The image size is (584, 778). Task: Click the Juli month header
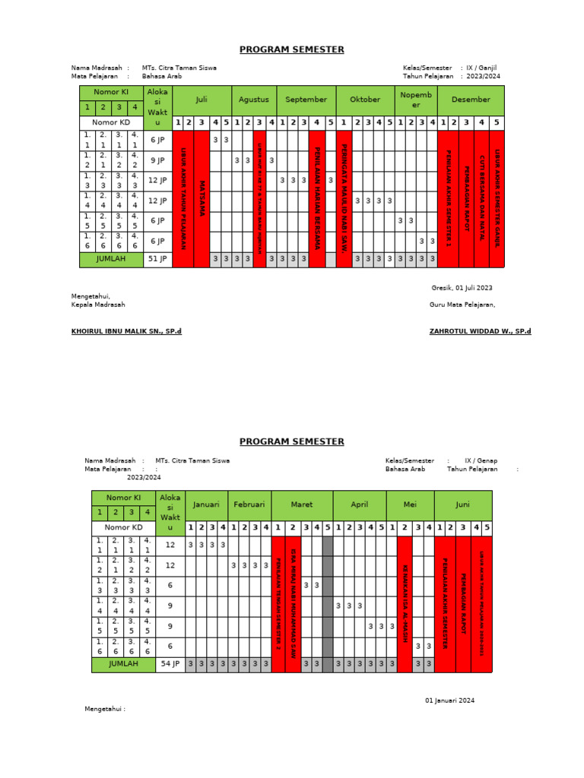202,100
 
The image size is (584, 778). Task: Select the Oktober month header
365,100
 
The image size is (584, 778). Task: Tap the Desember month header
470,100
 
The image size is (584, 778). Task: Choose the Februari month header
249,504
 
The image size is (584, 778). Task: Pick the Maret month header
302,504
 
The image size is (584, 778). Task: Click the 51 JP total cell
157,259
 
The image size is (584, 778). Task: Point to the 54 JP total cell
170,664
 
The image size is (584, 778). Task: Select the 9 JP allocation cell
157,160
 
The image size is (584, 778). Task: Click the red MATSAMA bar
202,199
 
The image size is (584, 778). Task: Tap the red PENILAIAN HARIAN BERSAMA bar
317,199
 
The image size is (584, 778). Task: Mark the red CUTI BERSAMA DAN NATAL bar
481,199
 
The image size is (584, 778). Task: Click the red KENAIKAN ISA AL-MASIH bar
405,604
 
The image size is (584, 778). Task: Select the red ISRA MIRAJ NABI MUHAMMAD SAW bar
293,604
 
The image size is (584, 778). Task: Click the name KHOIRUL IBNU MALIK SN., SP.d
126,331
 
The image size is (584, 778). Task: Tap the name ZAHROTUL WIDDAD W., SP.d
480,331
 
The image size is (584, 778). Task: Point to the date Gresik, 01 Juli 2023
462,288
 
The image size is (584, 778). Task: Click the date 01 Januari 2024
449,700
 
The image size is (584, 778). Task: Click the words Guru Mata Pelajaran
462,305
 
